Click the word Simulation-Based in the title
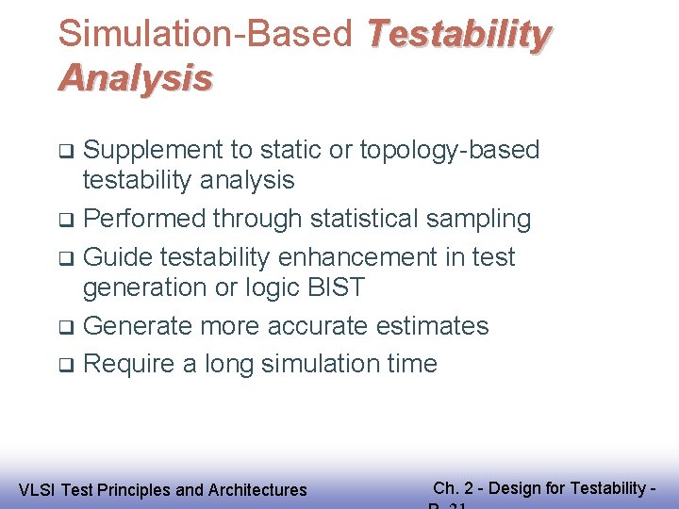pos(205,34)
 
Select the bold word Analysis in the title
pos(135,78)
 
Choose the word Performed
pos(144,219)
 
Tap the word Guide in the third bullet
pos(118,256)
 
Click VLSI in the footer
pos(37,489)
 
